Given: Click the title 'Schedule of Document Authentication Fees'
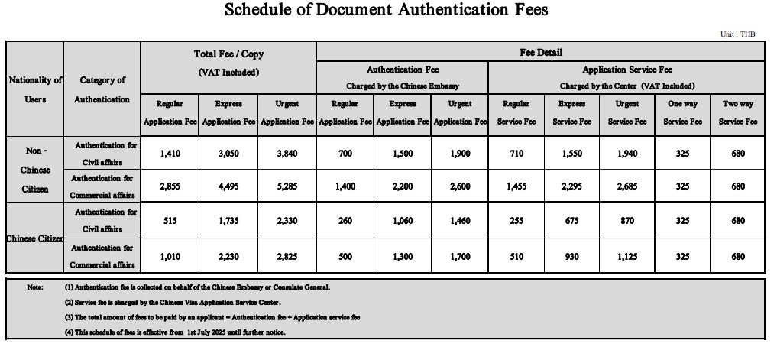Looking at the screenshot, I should pos(387,11).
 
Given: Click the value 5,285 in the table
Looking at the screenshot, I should pos(287,186).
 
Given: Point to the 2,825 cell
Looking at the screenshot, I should pos(287,257).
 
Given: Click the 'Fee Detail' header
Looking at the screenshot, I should pos(540,53).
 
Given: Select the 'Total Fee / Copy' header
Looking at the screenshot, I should pos(228,55).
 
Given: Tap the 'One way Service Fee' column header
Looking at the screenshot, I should pos(682,112).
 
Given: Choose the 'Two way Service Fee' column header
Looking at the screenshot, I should pos(737,112).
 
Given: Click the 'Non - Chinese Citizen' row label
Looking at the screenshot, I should pos(35,169).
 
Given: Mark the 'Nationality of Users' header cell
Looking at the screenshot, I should pos(35,89).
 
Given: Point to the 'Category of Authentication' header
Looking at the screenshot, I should pos(102,89).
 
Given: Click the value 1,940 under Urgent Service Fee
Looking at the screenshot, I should pos(627,153).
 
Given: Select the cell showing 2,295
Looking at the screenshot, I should pos(571,186).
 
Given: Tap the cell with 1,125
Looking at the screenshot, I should pos(627,257).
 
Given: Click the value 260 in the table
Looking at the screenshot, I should pos(345,220).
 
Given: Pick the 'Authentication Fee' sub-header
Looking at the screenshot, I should pos(403,70).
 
